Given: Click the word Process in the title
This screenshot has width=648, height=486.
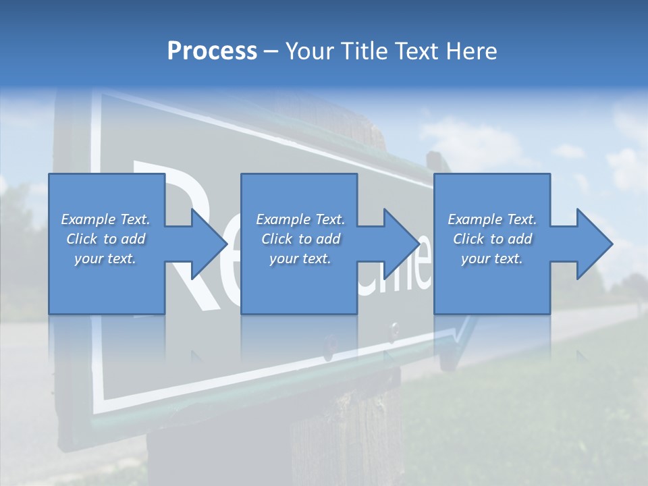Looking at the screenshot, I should (x=212, y=51).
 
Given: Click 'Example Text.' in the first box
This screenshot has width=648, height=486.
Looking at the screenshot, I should (x=105, y=219).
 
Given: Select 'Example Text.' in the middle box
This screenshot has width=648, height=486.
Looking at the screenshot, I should (x=300, y=219).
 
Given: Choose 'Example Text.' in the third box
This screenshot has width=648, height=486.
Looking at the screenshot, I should (x=492, y=219).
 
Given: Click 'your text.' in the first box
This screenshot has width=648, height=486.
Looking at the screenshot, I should (x=105, y=259).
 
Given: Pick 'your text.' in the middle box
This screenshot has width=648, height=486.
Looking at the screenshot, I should (x=300, y=259).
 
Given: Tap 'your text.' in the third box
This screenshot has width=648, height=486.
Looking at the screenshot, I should (x=492, y=259).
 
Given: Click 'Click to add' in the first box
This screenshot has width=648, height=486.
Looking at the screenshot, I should (x=105, y=239).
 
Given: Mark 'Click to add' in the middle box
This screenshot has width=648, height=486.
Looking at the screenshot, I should (x=300, y=239).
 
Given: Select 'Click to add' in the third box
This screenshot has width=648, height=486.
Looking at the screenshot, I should (x=492, y=239).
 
